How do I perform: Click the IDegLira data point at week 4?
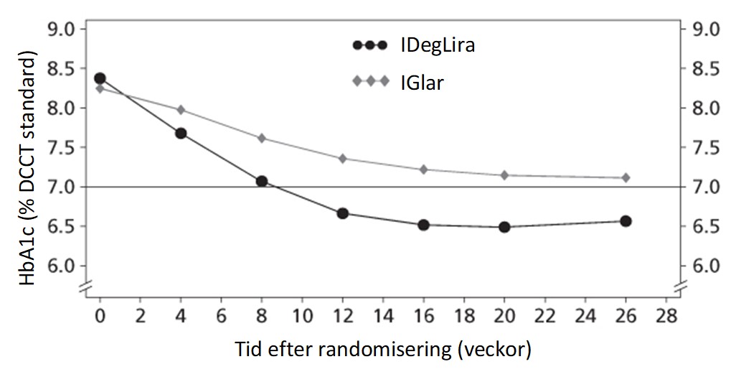(181, 134)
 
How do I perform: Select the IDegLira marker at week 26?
(626, 221)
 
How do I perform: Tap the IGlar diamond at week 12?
(342, 159)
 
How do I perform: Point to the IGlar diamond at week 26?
(626, 177)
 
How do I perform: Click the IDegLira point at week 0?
(100, 78)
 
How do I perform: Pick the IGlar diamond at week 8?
(262, 138)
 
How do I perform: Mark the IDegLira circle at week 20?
(504, 227)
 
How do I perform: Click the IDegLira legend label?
(438, 46)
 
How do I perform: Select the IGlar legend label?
(422, 83)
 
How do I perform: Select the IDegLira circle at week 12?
(342, 213)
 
